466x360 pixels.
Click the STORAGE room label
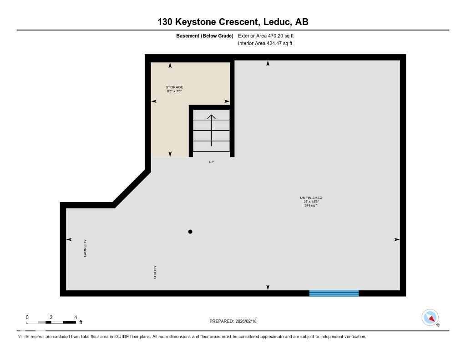pos(174,87)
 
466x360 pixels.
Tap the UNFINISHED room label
pos(311,198)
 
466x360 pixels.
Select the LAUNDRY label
pos(85,248)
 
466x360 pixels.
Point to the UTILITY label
pos(155,272)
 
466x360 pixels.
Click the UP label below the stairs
pos(211,162)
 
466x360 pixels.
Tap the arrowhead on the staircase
pos(211,117)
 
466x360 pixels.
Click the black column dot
pos(190,232)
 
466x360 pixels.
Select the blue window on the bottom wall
pos(334,293)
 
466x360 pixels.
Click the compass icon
pos(430,317)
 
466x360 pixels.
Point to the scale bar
pos(51,322)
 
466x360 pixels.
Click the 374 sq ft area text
pos(311,205)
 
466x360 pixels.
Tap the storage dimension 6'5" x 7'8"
pos(174,91)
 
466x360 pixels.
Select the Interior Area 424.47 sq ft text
pos(265,44)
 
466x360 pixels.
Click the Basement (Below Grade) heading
pos(205,35)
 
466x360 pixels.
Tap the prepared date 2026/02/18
pos(246,321)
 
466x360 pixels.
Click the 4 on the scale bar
pos(76,317)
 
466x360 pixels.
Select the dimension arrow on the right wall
pos(397,239)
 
